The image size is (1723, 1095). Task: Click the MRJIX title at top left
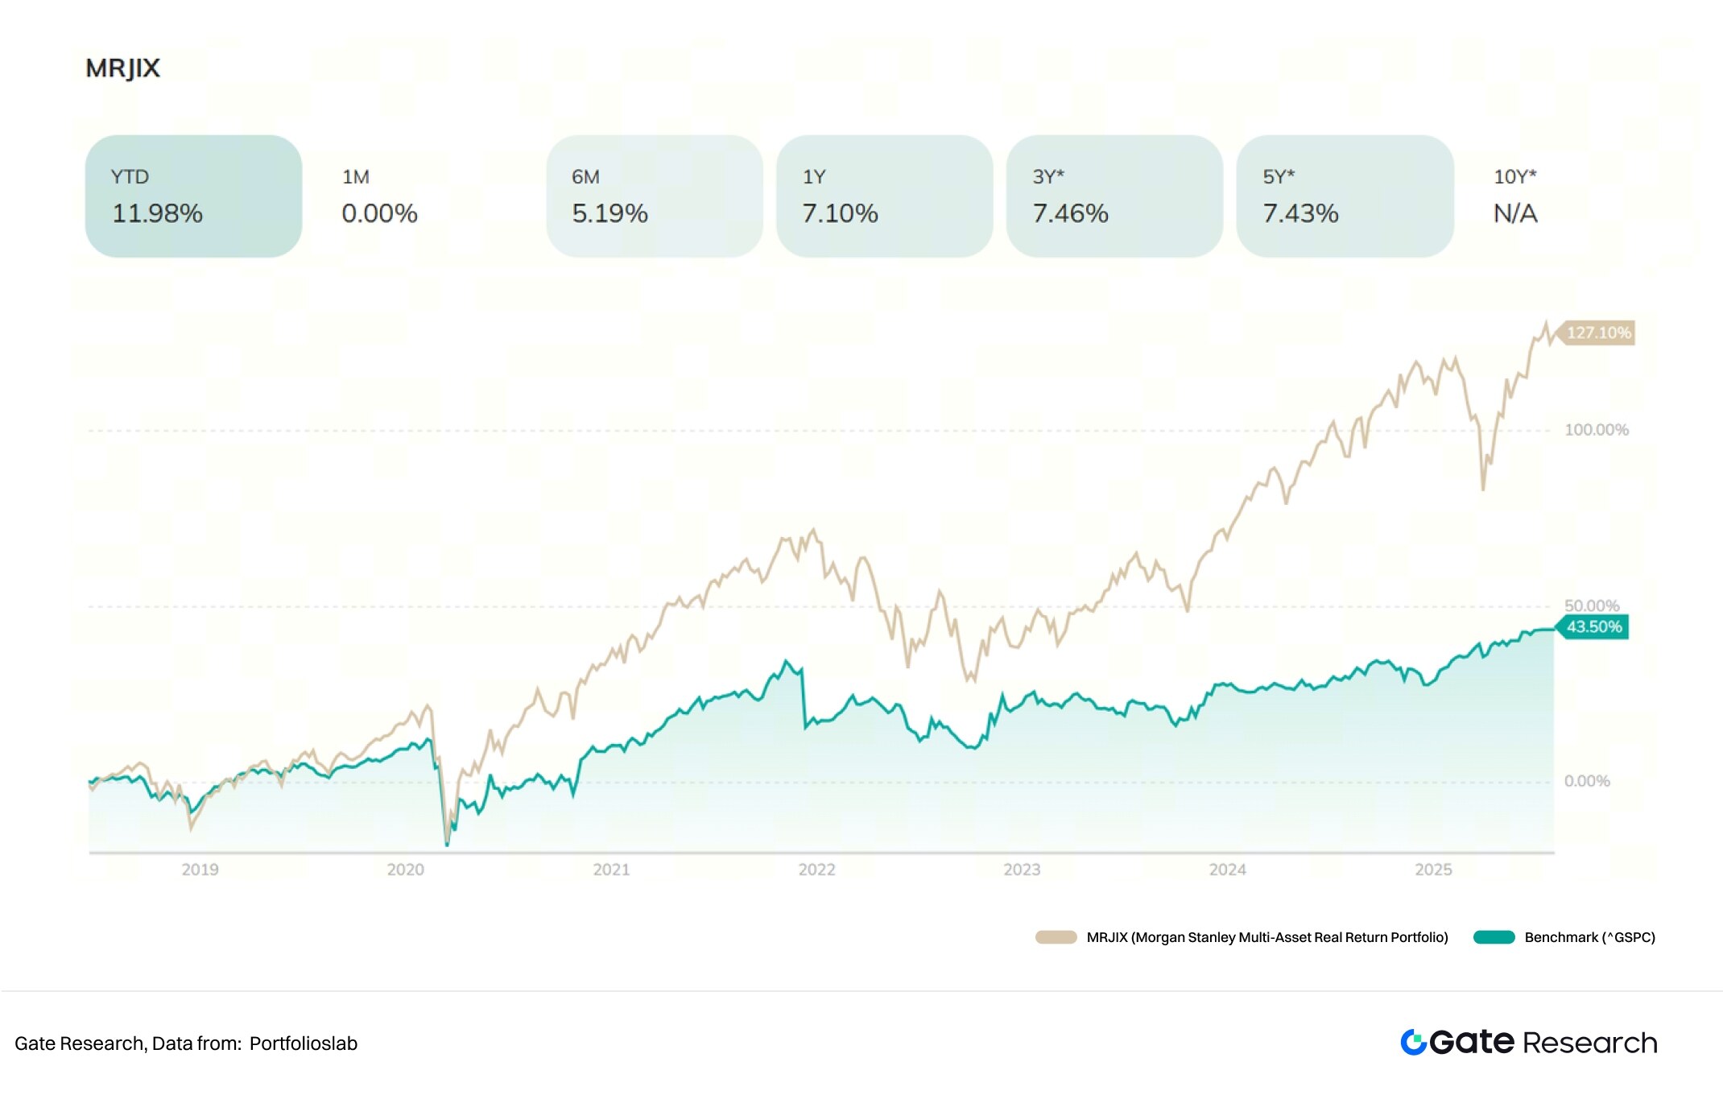coord(122,68)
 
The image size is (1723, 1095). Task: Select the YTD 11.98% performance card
coord(193,196)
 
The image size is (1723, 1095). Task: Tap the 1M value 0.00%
coord(379,213)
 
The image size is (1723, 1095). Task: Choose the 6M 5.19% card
coord(654,196)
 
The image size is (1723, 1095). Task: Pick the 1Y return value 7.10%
coord(840,213)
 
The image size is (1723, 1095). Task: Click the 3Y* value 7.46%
coord(1070,213)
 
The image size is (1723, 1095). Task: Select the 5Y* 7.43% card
coord(1345,196)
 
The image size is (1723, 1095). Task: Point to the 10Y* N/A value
coord(1515,213)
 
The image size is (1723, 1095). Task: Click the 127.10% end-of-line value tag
coord(1598,333)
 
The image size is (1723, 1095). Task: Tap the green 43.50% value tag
coord(1593,627)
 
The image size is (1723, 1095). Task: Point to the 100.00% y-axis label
coord(1596,430)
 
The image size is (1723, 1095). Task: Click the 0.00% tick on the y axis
coord(1586,781)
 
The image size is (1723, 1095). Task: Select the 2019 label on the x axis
coord(200,870)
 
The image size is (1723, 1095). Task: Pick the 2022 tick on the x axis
coord(816,870)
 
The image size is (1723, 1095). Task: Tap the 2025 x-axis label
coord(1433,870)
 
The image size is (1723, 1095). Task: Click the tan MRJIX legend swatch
coord(1056,937)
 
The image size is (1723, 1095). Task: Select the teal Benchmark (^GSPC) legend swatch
coord(1494,937)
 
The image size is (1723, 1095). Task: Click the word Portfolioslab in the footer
coord(303,1043)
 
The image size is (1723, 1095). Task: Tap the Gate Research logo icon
coord(1413,1042)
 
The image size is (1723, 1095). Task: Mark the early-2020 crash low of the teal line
coord(448,845)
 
